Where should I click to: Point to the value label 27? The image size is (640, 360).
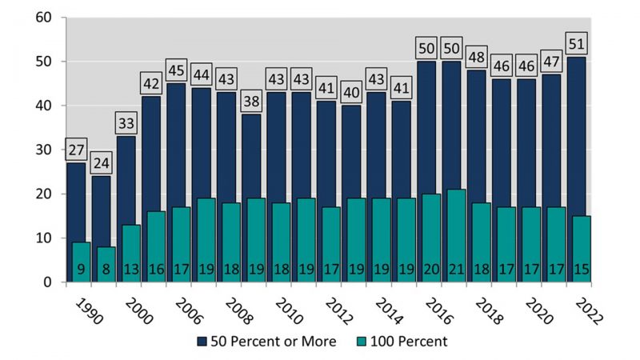pyautogui.click(x=76, y=150)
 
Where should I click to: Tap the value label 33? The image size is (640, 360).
pyautogui.click(x=126, y=123)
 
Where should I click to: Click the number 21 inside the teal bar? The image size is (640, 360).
pyautogui.click(x=455, y=270)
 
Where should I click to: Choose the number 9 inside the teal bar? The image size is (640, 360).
pyautogui.click(x=81, y=270)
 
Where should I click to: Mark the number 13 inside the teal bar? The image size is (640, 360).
pyautogui.click(x=130, y=270)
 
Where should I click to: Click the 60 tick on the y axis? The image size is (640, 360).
pyautogui.click(x=42, y=18)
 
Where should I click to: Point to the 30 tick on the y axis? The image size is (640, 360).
pyautogui.click(x=42, y=150)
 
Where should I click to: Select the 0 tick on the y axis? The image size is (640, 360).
pyautogui.click(x=46, y=282)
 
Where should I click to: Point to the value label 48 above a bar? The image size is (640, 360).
pyautogui.click(x=477, y=57)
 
